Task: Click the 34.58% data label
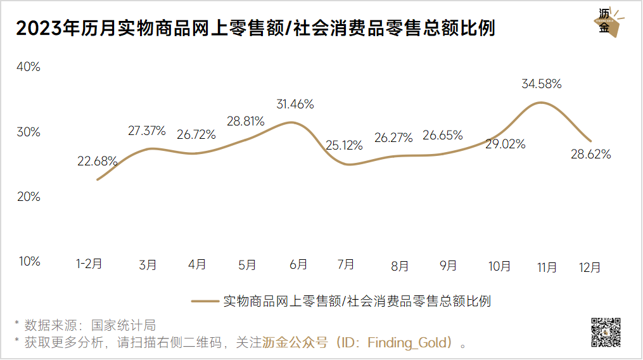[x=542, y=84]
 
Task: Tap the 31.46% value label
[x=295, y=105]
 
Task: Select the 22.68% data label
[x=97, y=161]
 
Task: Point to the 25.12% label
[x=345, y=146]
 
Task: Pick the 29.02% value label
[x=506, y=144]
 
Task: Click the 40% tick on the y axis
[x=28, y=67]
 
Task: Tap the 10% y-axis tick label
[x=28, y=261]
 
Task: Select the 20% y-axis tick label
[x=28, y=196]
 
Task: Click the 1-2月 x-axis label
[x=89, y=264]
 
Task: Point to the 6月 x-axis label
[x=298, y=264]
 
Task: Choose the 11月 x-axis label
[x=547, y=267]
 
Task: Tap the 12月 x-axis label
[x=590, y=267]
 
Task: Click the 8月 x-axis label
[x=400, y=267]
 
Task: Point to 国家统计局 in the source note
[x=124, y=326]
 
